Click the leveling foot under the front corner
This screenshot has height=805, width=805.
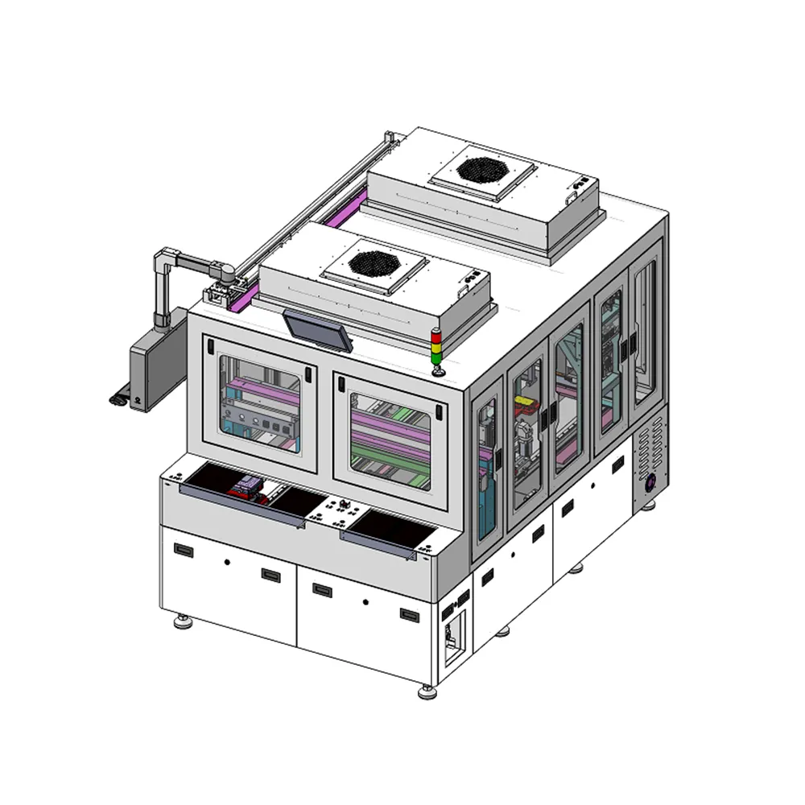427,690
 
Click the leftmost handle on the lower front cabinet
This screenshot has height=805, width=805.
184,551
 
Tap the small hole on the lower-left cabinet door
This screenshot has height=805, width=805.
228,561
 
